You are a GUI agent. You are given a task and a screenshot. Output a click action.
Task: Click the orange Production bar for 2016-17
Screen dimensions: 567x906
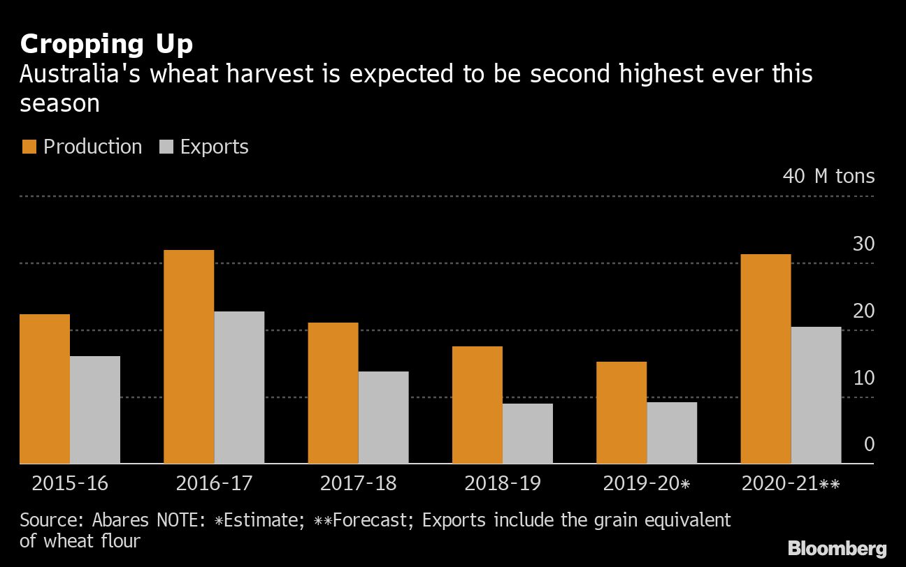click(x=189, y=356)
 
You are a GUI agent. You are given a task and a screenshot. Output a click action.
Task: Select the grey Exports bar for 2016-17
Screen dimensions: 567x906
click(x=239, y=387)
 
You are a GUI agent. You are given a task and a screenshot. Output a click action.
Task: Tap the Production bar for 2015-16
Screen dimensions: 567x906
click(x=45, y=388)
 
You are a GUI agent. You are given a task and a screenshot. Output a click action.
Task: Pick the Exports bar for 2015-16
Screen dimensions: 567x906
click(x=95, y=409)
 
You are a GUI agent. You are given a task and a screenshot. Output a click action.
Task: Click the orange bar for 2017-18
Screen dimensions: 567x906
click(x=333, y=392)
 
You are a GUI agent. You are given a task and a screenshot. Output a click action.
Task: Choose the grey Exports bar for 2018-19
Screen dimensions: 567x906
click(x=527, y=433)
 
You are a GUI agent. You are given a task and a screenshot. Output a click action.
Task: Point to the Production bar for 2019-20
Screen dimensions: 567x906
click(x=621, y=412)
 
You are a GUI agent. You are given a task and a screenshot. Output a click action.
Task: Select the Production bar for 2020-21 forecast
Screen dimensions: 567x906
click(x=765, y=358)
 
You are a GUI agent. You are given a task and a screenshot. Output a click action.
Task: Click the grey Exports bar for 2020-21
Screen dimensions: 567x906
click(x=816, y=395)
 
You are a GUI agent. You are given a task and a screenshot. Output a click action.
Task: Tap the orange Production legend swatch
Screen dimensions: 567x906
click(x=29, y=147)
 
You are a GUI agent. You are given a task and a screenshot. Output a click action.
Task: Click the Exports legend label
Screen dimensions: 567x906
click(x=214, y=147)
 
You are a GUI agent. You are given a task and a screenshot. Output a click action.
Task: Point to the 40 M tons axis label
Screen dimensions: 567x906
click(x=828, y=176)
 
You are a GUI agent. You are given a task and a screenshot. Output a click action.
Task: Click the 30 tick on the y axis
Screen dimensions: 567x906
click(x=863, y=244)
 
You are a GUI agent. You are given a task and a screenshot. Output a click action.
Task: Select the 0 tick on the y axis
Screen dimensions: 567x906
click(x=869, y=444)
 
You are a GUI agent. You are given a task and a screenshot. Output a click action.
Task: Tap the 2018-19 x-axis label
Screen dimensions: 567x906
click(x=502, y=483)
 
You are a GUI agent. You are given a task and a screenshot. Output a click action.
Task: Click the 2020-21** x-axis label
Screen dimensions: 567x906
click(x=791, y=483)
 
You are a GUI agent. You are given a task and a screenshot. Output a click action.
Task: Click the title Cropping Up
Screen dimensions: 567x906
click(x=106, y=45)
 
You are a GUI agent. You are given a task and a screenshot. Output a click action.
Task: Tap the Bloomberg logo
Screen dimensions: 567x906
click(x=837, y=548)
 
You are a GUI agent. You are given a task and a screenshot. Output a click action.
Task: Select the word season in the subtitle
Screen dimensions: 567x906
click(x=59, y=103)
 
